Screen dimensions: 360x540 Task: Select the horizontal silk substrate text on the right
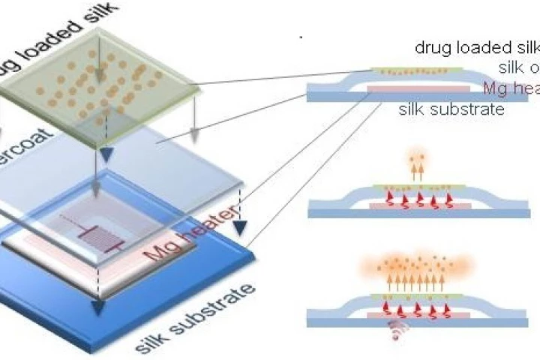pyautogui.click(x=451, y=109)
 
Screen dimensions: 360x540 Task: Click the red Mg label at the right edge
pyautogui.click(x=510, y=88)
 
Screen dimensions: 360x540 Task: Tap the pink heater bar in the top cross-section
pyautogui.click(x=408, y=90)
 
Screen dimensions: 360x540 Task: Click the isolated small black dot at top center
pyautogui.click(x=301, y=37)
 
